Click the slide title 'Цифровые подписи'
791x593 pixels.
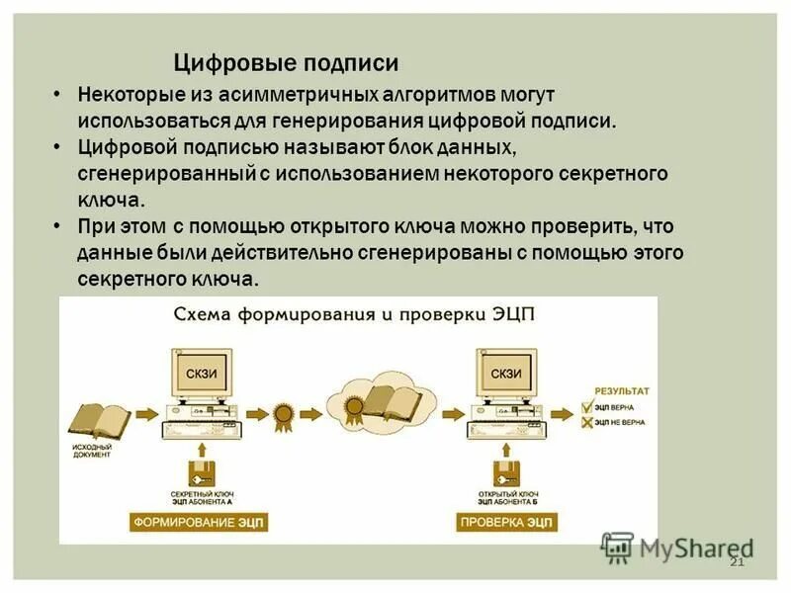(286, 63)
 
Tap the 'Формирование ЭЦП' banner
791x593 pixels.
(200, 522)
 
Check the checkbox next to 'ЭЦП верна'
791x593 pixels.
(585, 406)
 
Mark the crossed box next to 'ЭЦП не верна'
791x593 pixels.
(585, 423)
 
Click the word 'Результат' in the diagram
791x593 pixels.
(622, 390)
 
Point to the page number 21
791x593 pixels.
(736, 561)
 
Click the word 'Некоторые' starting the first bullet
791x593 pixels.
(122, 96)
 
